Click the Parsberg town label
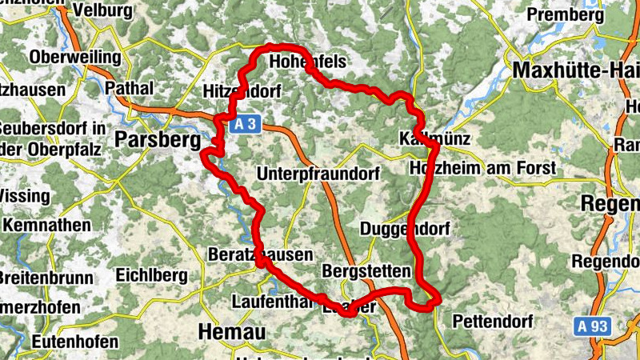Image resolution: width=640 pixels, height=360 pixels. click(x=157, y=139)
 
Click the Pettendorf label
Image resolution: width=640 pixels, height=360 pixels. click(x=492, y=322)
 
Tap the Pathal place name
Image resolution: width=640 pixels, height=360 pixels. click(x=128, y=86)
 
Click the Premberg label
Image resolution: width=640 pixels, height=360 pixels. click(x=566, y=14)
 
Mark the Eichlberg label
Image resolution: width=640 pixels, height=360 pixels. click(x=152, y=275)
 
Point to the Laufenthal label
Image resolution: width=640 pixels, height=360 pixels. click(x=270, y=302)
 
